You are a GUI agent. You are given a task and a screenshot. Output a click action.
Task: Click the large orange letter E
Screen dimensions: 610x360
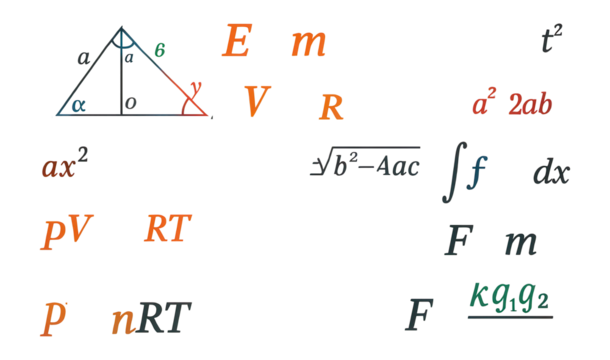pos(236,42)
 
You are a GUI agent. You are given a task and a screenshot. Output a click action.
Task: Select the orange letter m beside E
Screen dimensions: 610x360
pos(308,45)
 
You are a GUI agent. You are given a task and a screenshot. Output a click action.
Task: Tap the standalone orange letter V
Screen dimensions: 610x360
pos(257,101)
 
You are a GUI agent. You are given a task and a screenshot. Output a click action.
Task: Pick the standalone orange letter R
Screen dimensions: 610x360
pos(331,106)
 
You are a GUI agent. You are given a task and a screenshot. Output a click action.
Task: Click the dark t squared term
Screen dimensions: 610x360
pos(551,39)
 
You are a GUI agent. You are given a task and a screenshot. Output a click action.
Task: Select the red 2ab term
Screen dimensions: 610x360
pos(530,104)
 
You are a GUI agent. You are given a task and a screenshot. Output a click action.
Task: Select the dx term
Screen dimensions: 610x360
pos(550,173)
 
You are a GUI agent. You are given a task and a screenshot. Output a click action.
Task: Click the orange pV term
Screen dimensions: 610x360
pos(66,231)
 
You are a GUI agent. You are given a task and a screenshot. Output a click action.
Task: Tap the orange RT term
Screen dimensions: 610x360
pos(167,229)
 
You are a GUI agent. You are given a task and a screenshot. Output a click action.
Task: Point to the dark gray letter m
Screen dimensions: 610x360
pos(520,243)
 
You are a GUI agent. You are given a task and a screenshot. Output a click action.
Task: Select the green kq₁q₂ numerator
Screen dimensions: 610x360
pos(509,296)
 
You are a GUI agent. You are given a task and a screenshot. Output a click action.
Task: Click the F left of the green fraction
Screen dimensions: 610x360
pos(420,315)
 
